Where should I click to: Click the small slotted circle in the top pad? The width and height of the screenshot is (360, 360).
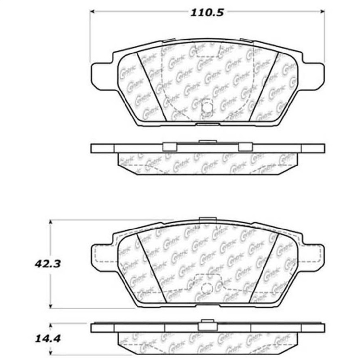[207, 107]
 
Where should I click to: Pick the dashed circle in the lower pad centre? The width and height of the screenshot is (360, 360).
[207, 289]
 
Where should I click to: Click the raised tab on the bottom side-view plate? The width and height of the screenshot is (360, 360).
[207, 322]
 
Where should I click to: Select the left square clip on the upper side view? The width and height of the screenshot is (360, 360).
[169, 147]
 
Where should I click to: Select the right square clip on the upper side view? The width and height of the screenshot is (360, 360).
[245, 147]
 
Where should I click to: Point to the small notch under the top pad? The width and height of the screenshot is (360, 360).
[207, 123]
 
